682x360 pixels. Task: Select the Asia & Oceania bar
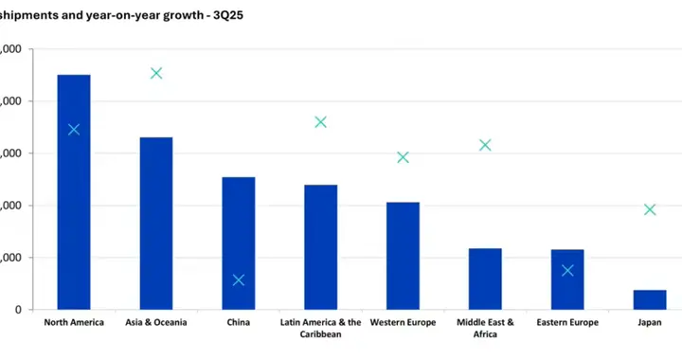[156, 224]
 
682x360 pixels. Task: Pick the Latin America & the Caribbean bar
[320, 246]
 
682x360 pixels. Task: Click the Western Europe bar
[403, 256]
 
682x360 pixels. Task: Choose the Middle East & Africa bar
[485, 279]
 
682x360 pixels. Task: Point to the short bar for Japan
[650, 299]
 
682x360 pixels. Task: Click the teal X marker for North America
[74, 130]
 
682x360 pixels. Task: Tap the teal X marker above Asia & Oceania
[156, 73]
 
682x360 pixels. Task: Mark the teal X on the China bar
[239, 279]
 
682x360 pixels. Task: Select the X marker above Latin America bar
[320, 122]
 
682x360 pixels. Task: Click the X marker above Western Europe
[403, 157]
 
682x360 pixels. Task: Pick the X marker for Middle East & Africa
[485, 145]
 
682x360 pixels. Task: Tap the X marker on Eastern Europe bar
[567, 270]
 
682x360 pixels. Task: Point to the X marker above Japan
[650, 209]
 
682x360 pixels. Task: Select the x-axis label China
[239, 323]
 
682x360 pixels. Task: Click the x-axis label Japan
[650, 323]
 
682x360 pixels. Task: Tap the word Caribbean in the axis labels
[320, 334]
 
